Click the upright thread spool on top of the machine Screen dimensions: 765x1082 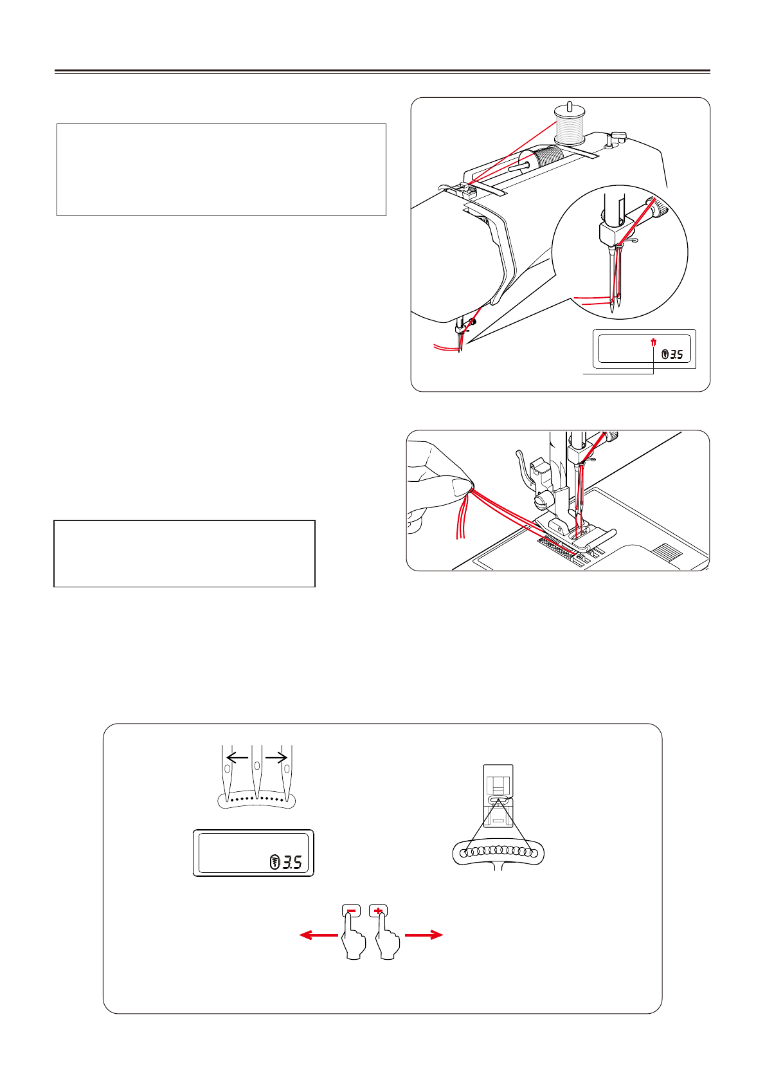click(570, 127)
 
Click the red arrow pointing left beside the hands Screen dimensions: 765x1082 click(319, 935)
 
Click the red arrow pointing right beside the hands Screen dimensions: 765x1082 click(424, 935)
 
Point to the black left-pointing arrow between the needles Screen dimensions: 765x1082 click(237, 758)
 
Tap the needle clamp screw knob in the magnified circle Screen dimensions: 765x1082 click(660, 207)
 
